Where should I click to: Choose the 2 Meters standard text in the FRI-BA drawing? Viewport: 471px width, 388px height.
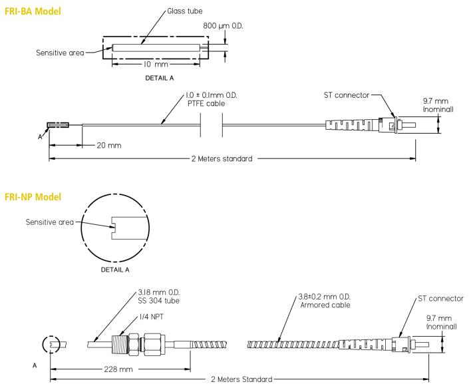(x=220, y=160)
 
